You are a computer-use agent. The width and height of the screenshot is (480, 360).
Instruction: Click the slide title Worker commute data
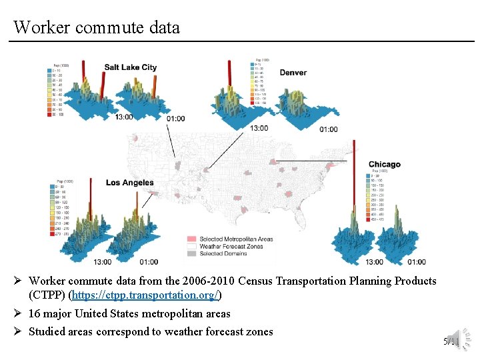coord(97,27)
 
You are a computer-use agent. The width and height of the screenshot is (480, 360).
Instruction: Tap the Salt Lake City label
coord(131,67)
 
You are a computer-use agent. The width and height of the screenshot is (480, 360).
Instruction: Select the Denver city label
coord(293,72)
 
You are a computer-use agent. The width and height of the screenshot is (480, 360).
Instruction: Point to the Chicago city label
coord(384,164)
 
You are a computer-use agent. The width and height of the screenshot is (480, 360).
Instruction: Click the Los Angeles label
coord(129,183)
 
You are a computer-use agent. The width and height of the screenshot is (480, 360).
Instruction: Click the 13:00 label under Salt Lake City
coord(124,117)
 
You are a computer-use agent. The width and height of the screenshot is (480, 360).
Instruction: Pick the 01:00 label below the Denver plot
coord(329,129)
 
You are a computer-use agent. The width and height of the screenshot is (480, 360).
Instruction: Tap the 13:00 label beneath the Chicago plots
coord(374,262)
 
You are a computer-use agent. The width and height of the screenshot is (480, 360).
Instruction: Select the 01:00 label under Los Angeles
coord(149,262)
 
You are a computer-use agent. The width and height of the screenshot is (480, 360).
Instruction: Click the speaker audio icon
coord(453,337)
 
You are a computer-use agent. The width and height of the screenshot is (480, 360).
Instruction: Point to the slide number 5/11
coord(451,342)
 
